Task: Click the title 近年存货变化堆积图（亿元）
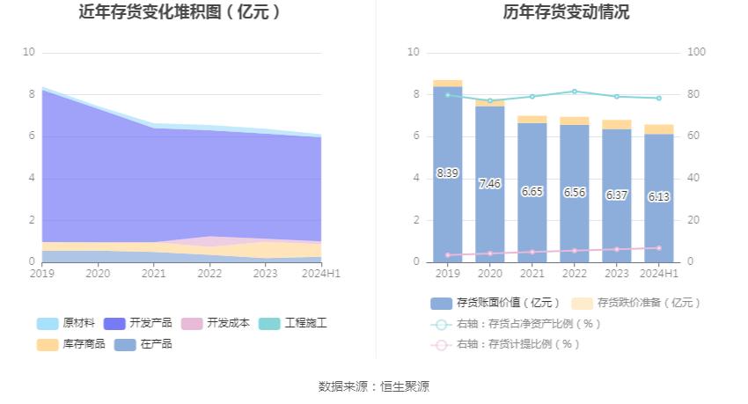180,12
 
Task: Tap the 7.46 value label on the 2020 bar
489,184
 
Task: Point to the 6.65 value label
532,191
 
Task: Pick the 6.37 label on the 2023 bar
616,195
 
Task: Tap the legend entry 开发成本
212,323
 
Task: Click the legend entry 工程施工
294,323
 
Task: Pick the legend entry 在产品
144,344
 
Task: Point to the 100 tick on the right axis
696,52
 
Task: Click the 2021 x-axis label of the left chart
154,274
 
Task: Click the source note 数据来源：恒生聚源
374,386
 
